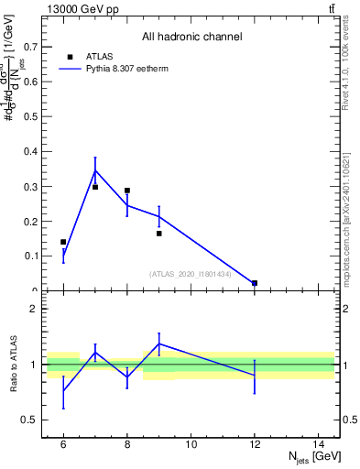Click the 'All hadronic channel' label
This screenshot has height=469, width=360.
click(x=191, y=38)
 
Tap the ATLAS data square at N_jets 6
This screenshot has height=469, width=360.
click(x=63, y=242)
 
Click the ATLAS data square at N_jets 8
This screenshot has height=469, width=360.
click(x=127, y=191)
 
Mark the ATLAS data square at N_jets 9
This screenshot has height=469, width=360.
click(x=159, y=234)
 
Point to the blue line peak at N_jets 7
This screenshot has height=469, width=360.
click(x=95, y=170)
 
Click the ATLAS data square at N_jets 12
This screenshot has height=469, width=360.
click(x=255, y=283)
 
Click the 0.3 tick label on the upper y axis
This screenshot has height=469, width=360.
click(x=33, y=186)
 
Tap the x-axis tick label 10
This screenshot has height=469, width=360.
click(x=191, y=445)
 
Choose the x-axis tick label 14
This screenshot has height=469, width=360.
click(x=319, y=445)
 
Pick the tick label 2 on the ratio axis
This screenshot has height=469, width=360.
click(x=37, y=310)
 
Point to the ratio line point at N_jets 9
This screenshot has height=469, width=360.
click(x=159, y=344)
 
